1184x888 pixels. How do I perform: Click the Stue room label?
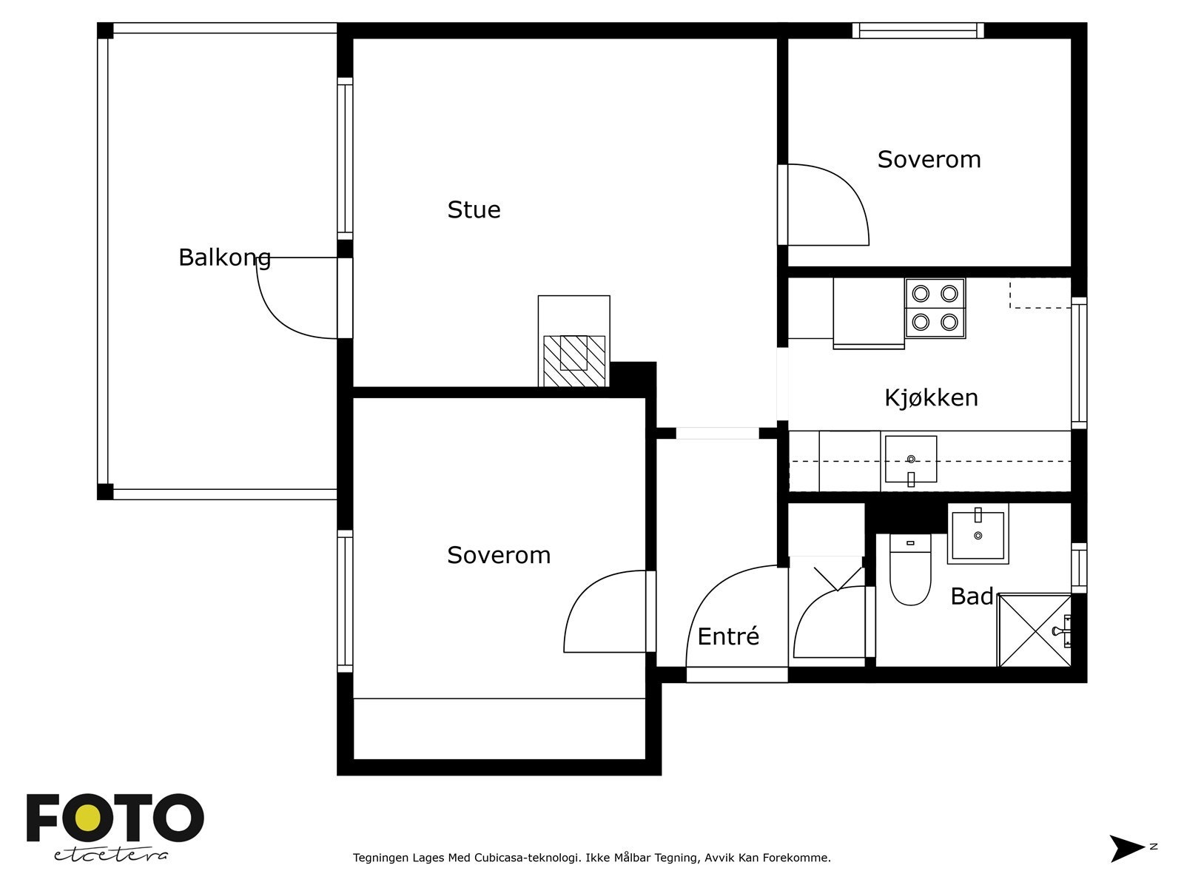(x=474, y=210)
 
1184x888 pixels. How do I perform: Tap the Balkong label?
(x=224, y=258)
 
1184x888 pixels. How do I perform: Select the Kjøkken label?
(x=931, y=398)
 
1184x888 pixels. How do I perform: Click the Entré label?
(x=728, y=636)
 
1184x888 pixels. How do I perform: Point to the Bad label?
(x=972, y=596)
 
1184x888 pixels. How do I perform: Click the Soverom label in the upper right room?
(x=929, y=160)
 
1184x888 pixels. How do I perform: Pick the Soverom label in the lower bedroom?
(x=499, y=556)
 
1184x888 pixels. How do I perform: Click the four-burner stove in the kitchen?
(x=935, y=308)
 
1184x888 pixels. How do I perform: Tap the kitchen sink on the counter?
(x=911, y=460)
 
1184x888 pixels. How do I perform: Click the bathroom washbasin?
(x=978, y=534)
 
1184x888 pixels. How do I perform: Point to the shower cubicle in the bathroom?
(x=1034, y=630)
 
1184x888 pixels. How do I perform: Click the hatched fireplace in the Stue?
(x=574, y=360)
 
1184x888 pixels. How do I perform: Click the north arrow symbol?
(x=1126, y=848)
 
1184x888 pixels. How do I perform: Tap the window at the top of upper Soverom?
(x=918, y=30)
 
